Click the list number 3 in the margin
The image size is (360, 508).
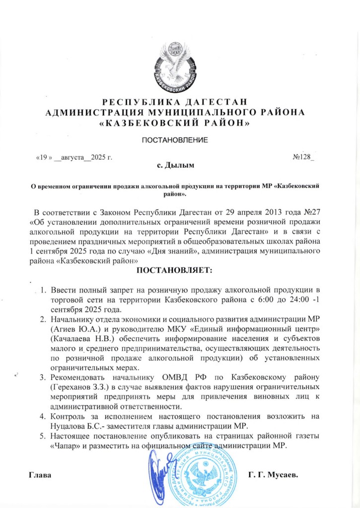(43, 377)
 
